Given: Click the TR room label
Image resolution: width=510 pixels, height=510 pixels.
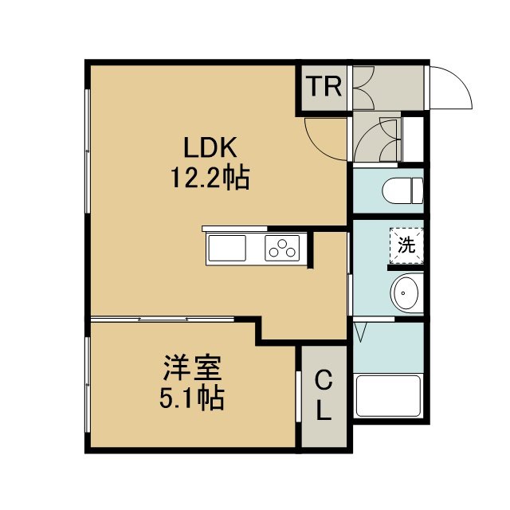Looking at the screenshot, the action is point(324,87).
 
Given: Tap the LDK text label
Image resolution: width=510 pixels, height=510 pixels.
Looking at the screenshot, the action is point(210,147).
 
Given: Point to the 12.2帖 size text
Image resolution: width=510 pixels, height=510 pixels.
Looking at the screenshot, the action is point(210,178).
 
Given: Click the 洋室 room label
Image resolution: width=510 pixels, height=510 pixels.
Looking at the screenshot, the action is point(192,368).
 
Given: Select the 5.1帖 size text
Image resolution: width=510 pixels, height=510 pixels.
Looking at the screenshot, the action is point(191,398).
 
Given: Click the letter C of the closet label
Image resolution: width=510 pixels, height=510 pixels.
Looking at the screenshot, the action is point(324,381).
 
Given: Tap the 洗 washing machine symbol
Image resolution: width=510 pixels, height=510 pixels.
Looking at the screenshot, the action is point(407,245).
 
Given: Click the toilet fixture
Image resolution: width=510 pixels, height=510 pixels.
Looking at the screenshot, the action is point(403,191).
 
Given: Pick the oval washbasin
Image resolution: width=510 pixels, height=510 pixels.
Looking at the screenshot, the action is point(407,293).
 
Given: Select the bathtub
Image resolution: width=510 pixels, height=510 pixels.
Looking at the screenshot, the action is point(388,396).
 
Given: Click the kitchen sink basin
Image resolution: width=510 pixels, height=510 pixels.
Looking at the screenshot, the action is point(227,248).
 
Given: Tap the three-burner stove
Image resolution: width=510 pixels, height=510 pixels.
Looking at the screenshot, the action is point(282,248).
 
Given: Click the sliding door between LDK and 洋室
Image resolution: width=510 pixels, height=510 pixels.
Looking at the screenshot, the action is point(163,319).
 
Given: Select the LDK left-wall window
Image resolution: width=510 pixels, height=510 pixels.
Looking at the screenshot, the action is point(87,151).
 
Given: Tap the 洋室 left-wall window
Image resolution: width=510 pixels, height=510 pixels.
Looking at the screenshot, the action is point(87,385).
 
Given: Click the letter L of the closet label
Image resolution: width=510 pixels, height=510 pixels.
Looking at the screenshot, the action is point(324,410).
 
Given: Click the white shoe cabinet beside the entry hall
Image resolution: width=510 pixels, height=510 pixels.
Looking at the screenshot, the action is point(413,139).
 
